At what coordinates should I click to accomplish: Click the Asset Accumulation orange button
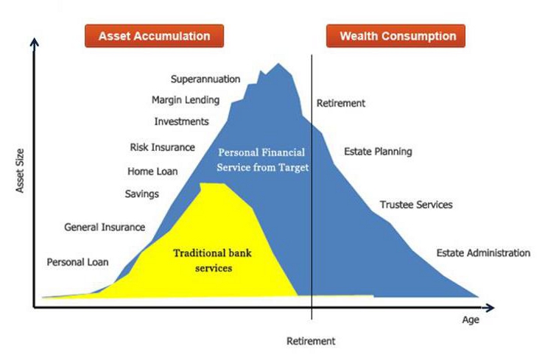tap(154, 36)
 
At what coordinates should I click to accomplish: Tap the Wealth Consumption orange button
tap(396, 36)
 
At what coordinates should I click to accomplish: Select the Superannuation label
tap(205, 80)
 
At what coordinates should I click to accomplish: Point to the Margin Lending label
tap(186, 100)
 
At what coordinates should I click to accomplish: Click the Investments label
tap(182, 121)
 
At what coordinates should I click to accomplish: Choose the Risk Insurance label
tap(163, 147)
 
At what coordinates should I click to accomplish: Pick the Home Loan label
tap(152, 172)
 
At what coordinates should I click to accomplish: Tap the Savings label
tap(142, 194)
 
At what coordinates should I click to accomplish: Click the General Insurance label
tap(105, 227)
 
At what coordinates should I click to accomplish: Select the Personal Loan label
tap(77, 262)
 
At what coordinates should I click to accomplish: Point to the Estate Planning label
tap(378, 152)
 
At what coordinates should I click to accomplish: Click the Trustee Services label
tap(416, 205)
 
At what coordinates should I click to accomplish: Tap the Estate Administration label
tap(483, 253)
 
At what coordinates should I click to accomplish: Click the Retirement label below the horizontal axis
tap(311, 341)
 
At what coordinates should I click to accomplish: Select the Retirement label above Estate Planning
tap(341, 103)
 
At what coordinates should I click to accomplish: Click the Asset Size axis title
tap(20, 171)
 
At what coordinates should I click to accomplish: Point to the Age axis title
tap(471, 320)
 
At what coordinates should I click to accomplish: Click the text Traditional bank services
tap(212, 261)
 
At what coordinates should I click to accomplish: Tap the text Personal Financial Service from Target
tap(262, 160)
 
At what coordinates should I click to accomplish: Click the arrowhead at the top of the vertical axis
tap(34, 42)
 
